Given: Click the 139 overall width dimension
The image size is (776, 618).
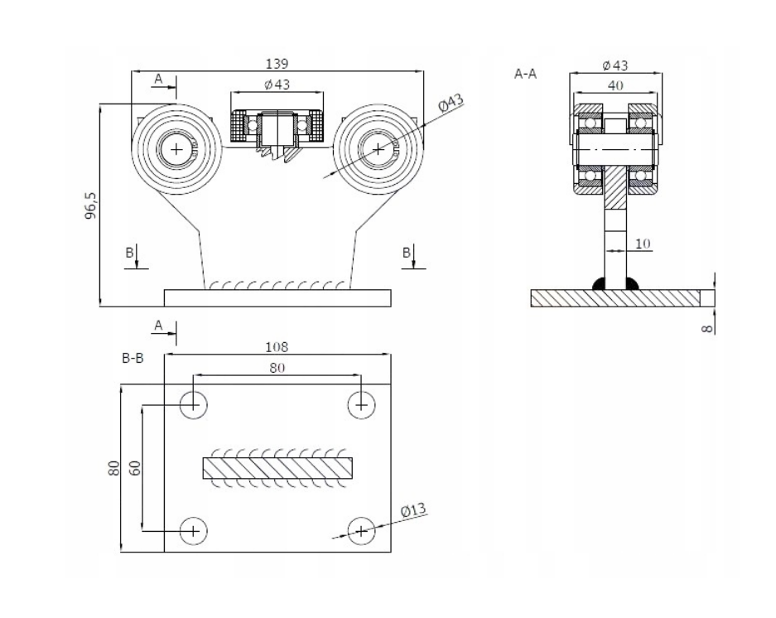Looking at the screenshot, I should [x=277, y=64].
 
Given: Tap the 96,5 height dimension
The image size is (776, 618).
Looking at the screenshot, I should [x=91, y=205].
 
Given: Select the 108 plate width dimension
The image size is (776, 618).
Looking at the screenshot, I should [x=277, y=347].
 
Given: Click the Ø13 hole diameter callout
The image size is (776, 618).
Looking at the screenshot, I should [x=412, y=510].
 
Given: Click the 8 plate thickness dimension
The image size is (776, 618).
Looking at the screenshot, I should [x=706, y=326].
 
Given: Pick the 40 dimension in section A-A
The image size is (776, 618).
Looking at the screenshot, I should [x=615, y=84].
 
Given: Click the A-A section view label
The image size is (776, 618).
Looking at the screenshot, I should [x=526, y=74].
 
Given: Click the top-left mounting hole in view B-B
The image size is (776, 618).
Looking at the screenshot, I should [x=194, y=403].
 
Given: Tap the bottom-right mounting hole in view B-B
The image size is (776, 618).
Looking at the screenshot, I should [x=360, y=530].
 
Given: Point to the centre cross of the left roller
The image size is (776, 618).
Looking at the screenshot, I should [x=176, y=149].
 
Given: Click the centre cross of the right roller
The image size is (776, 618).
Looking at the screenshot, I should [x=378, y=149].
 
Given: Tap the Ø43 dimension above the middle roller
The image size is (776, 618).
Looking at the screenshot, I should [x=277, y=84].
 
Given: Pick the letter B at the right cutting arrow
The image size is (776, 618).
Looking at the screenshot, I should [x=406, y=253].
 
